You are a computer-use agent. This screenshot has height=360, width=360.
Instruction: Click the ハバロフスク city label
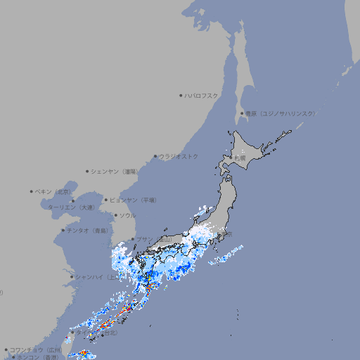coord(202,95)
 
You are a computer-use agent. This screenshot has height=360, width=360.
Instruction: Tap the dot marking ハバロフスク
coord(181,95)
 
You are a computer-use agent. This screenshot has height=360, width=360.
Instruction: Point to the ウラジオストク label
coord(179,156)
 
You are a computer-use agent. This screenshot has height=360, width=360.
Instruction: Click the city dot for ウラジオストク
coord(155,156)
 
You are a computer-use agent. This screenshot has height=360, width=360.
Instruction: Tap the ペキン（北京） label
coord(53,191)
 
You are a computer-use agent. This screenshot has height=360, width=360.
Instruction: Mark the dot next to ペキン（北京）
coord(32,191)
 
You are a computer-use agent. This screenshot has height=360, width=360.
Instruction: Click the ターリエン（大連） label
coord(71,208)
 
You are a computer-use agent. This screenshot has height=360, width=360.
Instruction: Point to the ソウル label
coord(127,215)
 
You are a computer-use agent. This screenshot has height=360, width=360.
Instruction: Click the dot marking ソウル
coord(115,215)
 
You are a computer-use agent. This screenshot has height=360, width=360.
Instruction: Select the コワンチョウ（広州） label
coord(35,349)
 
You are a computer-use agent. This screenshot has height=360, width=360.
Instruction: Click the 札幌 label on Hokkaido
coord(240,158)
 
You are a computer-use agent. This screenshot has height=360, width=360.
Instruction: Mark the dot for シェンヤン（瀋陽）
coord(87,171)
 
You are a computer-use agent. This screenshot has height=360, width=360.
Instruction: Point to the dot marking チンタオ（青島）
coord(63,230)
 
